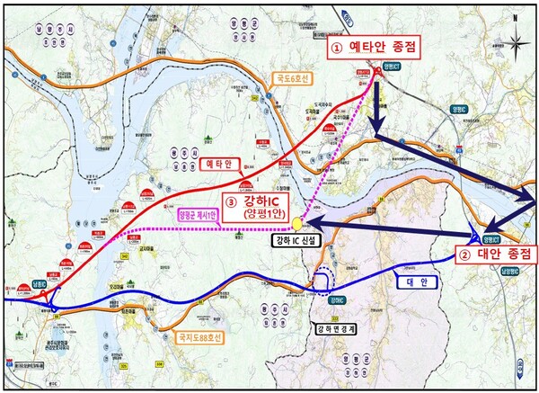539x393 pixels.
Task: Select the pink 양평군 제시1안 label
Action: coord(197,213)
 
